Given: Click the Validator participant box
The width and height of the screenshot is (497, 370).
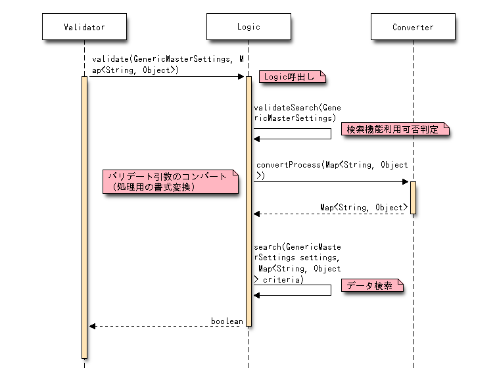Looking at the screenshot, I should point(84,27).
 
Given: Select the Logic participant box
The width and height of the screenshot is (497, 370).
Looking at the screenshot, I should point(248,27).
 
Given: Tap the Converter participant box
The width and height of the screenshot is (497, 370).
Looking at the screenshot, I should point(413,27).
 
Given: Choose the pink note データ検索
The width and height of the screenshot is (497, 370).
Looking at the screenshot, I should point(371,286).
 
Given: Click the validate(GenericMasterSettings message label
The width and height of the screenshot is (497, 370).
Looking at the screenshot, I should point(168,64).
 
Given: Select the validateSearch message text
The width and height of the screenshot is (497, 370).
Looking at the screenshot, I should point(297,112).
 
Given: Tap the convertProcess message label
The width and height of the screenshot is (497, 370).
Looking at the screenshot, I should point(332,170).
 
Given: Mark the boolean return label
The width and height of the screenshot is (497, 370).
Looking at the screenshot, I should point(227,321).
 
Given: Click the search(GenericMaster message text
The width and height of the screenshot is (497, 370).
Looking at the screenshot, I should point(298,264).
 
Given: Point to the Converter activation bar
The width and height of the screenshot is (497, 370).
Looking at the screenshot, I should point(413,197).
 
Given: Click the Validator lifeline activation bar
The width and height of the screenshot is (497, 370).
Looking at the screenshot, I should point(84,217).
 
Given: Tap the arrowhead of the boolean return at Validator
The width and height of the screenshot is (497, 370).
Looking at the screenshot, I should point(93,326).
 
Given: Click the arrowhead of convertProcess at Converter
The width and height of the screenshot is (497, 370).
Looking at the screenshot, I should point(406,182).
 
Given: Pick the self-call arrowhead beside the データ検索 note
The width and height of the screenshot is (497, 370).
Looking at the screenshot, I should point(257,295).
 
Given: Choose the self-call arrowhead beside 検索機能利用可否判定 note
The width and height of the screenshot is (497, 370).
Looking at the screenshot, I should point(257,139).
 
